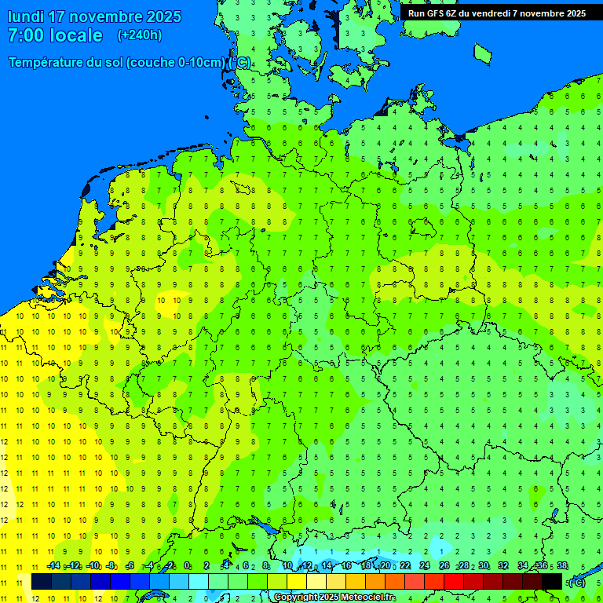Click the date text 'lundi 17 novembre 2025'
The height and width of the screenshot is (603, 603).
pos(94,16)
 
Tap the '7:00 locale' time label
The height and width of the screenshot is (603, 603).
pos(55,35)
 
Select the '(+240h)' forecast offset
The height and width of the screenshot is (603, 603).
pos(140,35)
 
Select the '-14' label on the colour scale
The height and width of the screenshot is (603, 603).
pos(53,565)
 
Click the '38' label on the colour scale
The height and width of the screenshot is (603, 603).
pos(562,565)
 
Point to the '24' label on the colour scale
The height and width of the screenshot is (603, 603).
pos(425,565)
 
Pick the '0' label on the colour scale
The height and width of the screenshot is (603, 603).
pos(187,565)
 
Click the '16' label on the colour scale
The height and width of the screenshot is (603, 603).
pos(346,565)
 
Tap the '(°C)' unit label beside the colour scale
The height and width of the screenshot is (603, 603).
pos(577,582)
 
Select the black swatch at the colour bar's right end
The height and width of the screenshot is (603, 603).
pos(552,581)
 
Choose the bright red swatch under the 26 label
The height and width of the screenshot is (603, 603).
pos(454,581)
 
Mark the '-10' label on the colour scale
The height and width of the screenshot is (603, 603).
pos(93,565)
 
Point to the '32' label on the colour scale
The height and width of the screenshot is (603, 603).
pos(503,565)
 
